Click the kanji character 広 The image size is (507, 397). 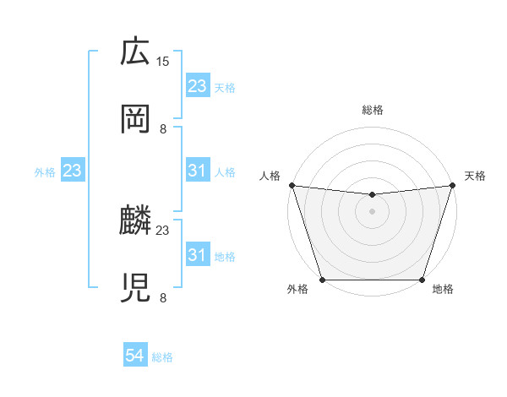135,52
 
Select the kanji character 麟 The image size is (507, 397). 135,221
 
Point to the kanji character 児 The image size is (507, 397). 135,287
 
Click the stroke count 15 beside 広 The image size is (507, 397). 163,62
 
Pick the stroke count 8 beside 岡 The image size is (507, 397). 163,128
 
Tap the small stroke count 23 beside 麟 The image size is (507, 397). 163,230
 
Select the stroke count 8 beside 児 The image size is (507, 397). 163,296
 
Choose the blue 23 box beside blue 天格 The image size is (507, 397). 197,86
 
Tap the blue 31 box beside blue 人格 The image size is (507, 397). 197,171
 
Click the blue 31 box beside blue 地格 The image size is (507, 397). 197,255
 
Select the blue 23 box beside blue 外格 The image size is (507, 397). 73,171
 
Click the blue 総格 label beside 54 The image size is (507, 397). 162,357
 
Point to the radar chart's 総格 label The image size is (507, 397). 372,110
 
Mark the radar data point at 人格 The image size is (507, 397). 292,185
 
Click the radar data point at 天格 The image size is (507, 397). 452,185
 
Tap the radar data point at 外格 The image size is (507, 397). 322,280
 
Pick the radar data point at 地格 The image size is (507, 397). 422,280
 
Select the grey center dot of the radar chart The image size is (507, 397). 372,211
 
